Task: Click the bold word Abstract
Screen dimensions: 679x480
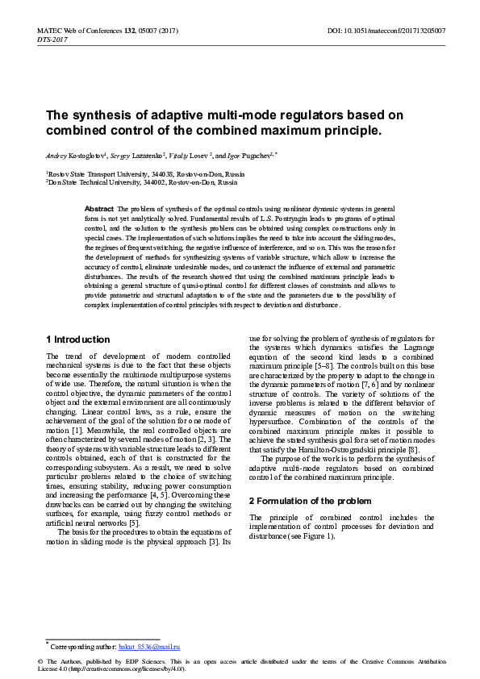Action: pos(99,209)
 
